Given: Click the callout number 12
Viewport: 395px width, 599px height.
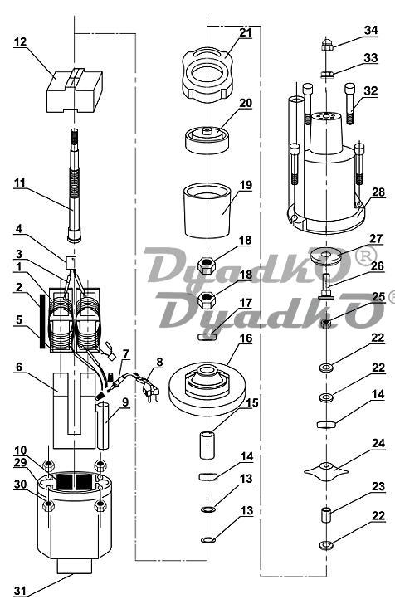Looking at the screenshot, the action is pyautogui.click(x=20, y=41).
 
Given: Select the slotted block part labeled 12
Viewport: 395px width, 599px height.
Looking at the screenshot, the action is pyautogui.click(x=75, y=90).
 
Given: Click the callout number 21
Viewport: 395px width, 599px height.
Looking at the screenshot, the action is pyautogui.click(x=246, y=32).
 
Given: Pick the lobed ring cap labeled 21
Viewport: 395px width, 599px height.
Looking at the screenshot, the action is pyautogui.click(x=208, y=75).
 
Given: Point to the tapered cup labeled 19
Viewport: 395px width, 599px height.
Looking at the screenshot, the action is pyautogui.click(x=207, y=211).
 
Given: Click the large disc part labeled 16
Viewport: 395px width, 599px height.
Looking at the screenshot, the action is pyautogui.click(x=207, y=389).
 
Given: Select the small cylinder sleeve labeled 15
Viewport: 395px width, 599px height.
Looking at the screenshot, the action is pyautogui.click(x=207, y=445).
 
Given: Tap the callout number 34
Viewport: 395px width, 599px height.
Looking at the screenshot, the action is pyautogui.click(x=371, y=30).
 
